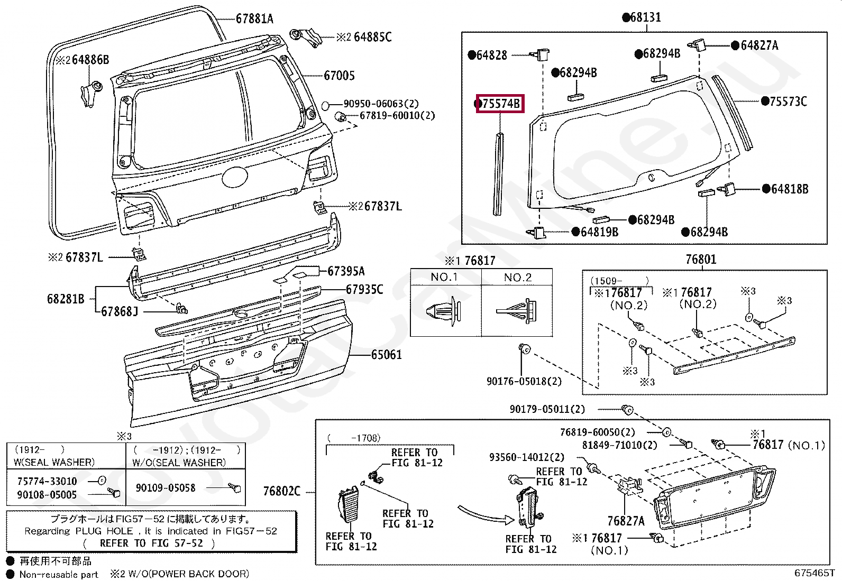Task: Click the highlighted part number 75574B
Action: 500,104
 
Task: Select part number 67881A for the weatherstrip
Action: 254,20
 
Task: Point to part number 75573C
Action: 788,102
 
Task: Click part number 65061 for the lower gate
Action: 386,354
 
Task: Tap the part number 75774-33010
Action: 47,481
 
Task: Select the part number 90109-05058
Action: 166,488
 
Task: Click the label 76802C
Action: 281,492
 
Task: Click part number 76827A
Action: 626,521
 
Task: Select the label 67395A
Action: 346,271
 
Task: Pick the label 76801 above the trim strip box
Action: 701,259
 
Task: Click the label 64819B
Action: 599,232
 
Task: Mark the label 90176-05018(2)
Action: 524,381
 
